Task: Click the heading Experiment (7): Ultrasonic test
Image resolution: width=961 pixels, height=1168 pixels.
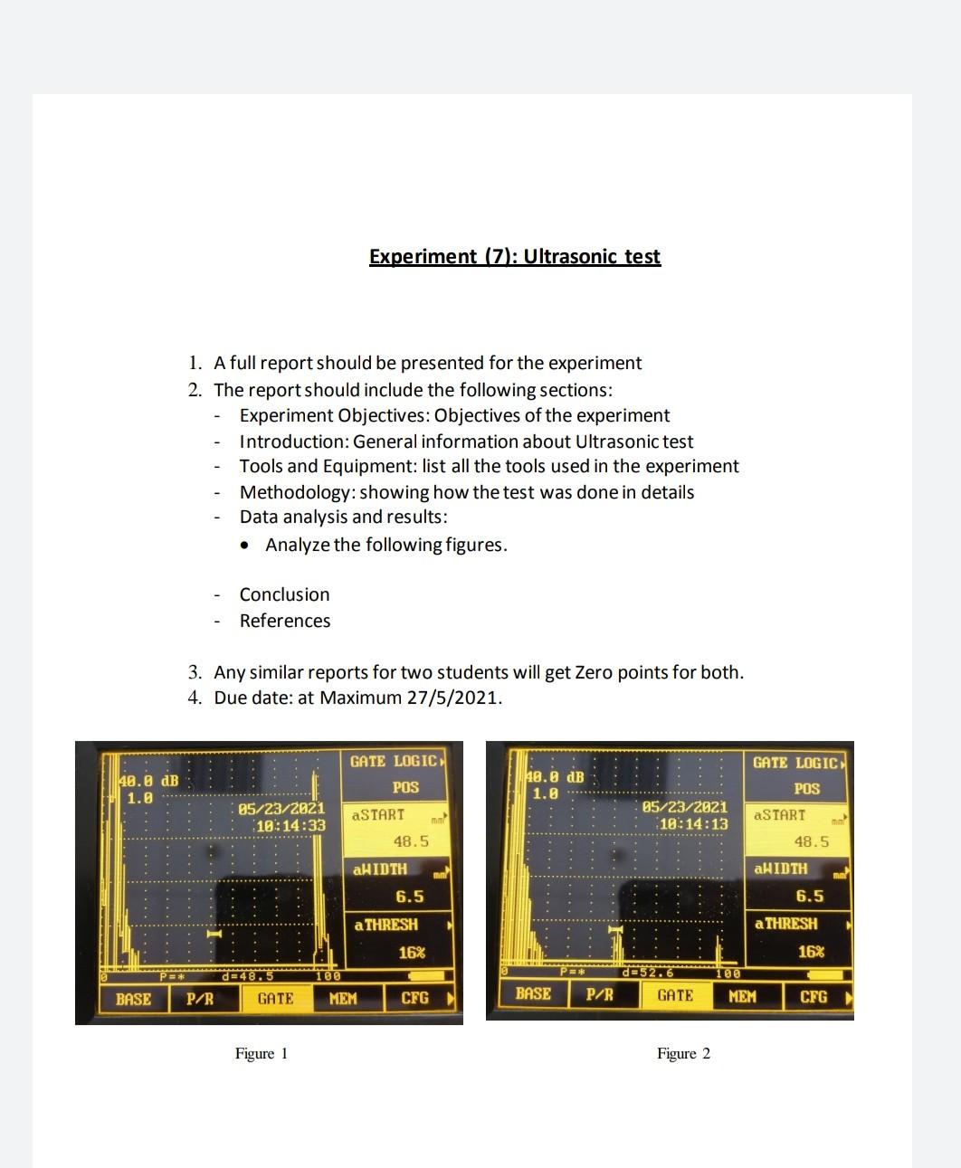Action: (514, 256)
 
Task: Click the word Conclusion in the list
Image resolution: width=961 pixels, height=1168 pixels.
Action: (284, 594)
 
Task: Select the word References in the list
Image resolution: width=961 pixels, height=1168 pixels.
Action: (284, 621)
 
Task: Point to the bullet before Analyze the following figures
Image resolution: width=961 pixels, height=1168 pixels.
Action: (245, 546)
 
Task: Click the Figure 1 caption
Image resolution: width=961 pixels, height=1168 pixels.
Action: (261, 1053)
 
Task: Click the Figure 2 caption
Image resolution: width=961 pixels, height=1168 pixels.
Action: (683, 1053)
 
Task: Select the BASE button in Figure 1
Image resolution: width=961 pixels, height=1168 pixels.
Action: (133, 999)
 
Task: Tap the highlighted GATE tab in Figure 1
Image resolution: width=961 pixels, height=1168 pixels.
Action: (275, 999)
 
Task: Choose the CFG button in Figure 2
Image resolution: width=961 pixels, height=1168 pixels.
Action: (813, 996)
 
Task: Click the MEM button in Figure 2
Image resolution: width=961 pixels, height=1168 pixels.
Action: (742, 996)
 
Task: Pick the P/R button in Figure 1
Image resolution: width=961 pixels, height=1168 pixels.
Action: (200, 999)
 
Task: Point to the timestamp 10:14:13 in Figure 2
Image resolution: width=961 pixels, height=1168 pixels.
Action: (693, 824)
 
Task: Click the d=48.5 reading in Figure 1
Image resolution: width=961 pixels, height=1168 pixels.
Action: (247, 976)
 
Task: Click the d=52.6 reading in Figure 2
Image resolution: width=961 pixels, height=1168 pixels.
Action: (649, 973)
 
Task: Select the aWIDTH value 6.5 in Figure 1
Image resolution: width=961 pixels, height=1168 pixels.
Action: (410, 897)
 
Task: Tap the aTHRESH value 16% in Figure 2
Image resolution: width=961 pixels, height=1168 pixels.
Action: (811, 951)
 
